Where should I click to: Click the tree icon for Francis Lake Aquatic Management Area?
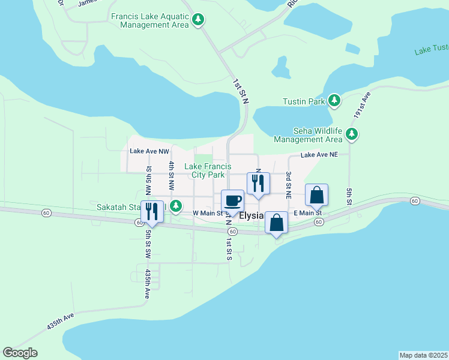coord(198,20)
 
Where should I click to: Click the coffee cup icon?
coord(232,200)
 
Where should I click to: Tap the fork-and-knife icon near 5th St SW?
coord(151,211)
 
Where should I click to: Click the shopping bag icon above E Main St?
coord(316,195)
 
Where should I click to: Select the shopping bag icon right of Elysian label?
coord(276,223)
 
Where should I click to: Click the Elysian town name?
coord(252,215)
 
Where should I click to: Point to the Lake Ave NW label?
coord(149,152)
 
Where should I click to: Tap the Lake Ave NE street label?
coord(319,154)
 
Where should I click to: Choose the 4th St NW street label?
coord(172,174)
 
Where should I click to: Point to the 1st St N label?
coord(240,91)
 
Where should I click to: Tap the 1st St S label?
coord(229,249)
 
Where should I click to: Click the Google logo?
coord(20,353)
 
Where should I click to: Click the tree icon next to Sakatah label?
coord(175,207)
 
